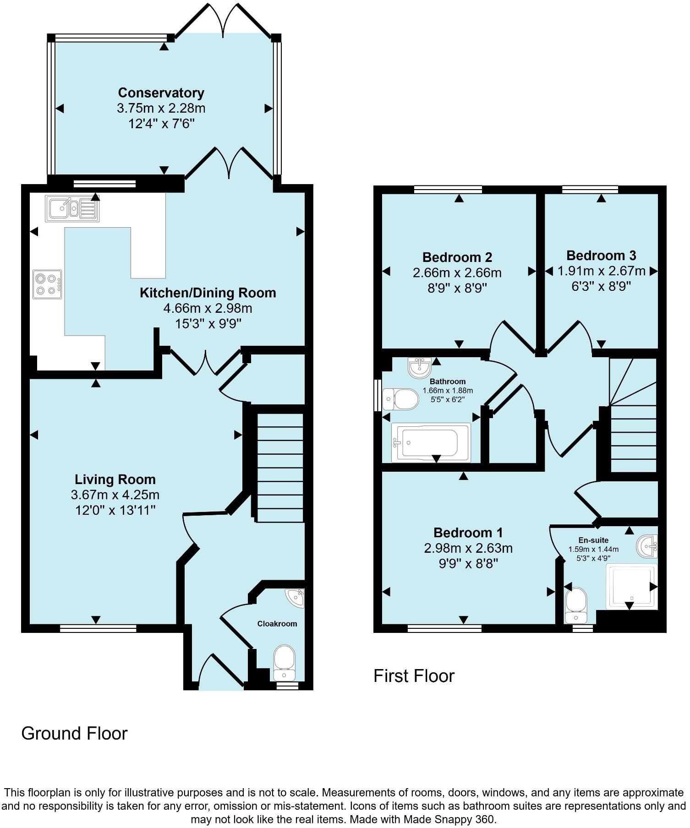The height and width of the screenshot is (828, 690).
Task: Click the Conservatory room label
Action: pyautogui.click(x=161, y=93)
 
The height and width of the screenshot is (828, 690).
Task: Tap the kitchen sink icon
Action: pyautogui.click(x=72, y=209)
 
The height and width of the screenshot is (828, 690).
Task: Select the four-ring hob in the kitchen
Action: pyautogui.click(x=47, y=284)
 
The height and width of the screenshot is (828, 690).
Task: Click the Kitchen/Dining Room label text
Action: pyautogui.click(x=208, y=293)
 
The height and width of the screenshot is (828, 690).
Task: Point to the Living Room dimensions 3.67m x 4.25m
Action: pyautogui.click(x=115, y=495)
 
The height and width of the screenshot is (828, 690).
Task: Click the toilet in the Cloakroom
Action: pyautogui.click(x=285, y=662)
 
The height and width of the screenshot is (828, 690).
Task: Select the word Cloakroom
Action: pyautogui.click(x=277, y=624)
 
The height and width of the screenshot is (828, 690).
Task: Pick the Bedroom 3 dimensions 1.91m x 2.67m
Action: pyautogui.click(x=601, y=271)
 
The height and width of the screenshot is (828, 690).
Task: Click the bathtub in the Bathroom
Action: pyautogui.click(x=431, y=442)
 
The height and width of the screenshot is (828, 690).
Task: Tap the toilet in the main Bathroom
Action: pyautogui.click(x=401, y=399)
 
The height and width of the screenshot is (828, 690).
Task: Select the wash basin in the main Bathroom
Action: pyautogui.click(x=419, y=367)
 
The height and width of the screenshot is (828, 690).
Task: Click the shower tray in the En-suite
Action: pyautogui.click(x=631, y=587)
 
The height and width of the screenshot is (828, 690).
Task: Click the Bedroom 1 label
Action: pyautogui.click(x=468, y=533)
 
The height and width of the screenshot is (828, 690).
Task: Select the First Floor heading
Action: pyautogui.click(x=414, y=676)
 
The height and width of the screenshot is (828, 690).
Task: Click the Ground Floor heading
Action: pyautogui.click(x=74, y=733)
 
